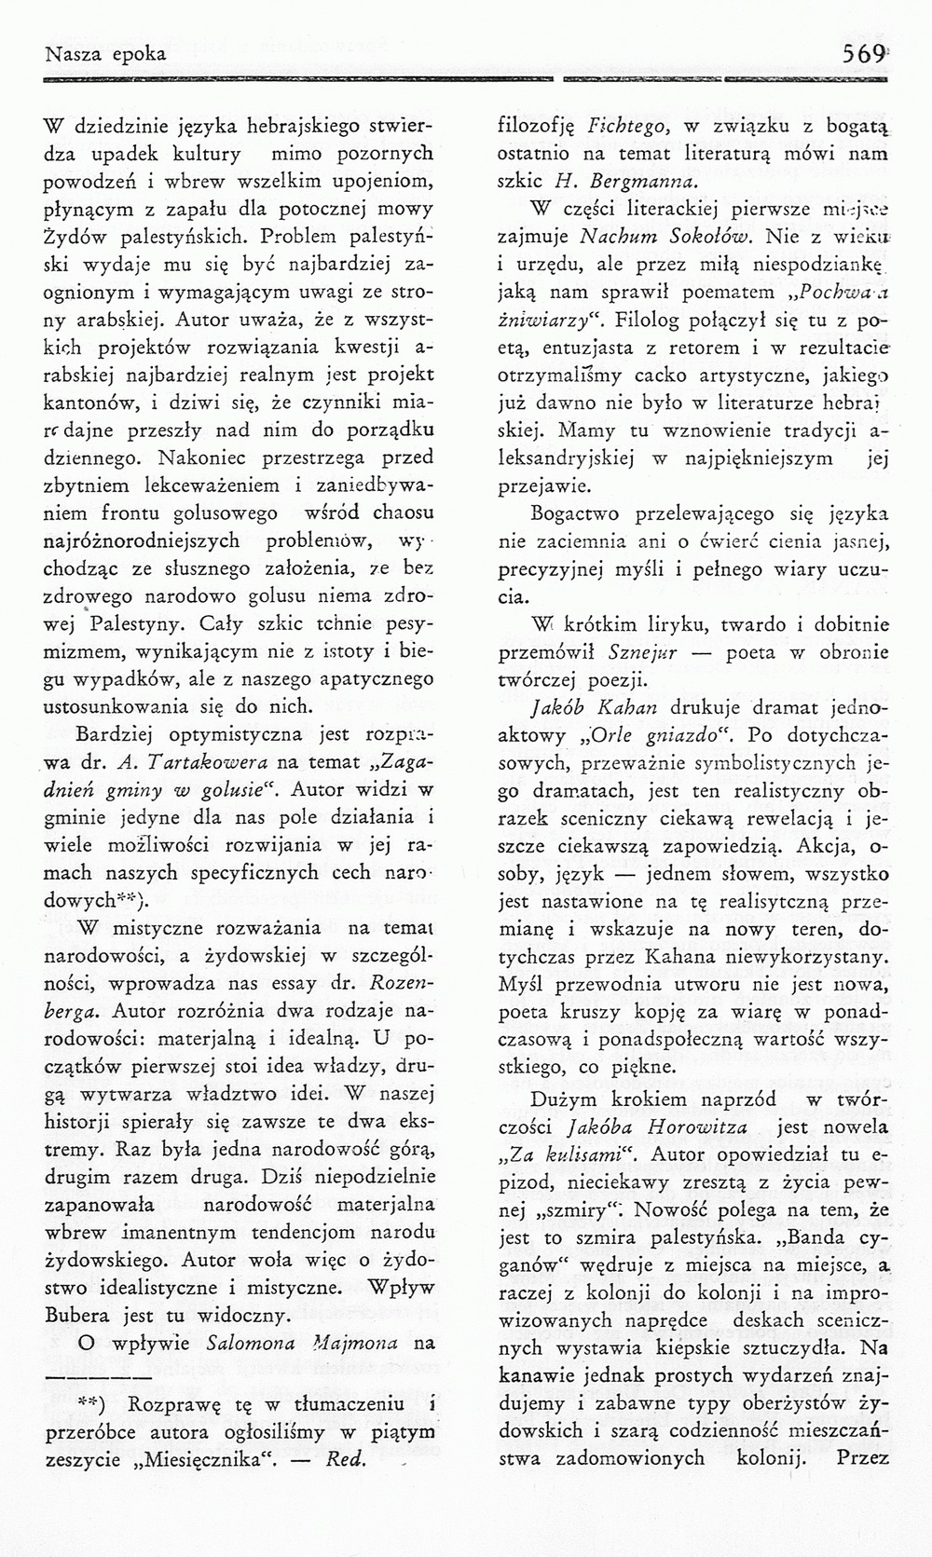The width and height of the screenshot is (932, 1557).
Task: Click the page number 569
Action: point(863,54)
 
